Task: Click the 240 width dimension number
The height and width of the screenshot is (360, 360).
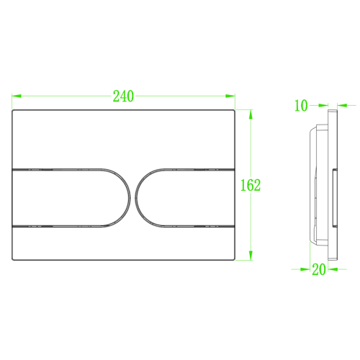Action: (123, 96)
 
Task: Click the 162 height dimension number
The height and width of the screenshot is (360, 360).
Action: (251, 185)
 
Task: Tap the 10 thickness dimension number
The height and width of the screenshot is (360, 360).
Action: (301, 106)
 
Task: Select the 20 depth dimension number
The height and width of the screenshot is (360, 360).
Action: (319, 269)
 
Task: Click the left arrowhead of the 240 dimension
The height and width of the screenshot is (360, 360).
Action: (17, 96)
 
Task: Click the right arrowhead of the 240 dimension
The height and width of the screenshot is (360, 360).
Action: (230, 96)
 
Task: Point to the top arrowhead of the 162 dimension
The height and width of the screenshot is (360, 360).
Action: (251, 114)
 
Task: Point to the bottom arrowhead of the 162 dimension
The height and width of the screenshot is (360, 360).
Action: (251, 256)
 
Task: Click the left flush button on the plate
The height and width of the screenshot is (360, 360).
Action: (70, 197)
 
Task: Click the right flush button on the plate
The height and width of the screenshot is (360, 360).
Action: (186, 197)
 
